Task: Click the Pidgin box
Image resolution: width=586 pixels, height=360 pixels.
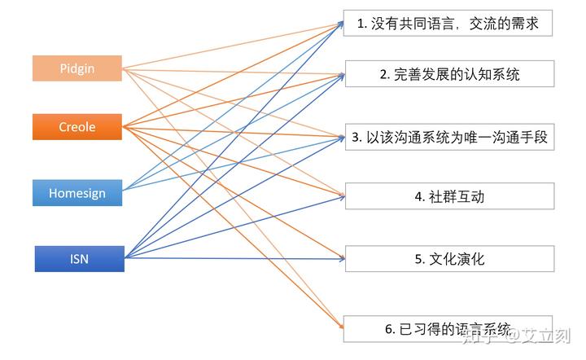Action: (77, 68)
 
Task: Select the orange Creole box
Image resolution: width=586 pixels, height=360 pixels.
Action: (77, 127)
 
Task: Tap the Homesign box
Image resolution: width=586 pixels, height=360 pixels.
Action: (77, 193)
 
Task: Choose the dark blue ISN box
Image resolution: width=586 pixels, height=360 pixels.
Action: (80, 259)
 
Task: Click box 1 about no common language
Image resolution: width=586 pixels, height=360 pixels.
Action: (448, 24)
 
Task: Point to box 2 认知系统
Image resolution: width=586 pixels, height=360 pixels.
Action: (449, 73)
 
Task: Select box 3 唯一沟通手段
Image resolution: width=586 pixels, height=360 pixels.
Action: (449, 137)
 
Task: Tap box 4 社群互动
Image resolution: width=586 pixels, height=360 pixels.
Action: (449, 196)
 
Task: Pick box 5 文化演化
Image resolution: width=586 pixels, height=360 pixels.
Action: (449, 259)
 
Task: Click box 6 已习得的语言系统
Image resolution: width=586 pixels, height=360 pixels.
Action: (448, 329)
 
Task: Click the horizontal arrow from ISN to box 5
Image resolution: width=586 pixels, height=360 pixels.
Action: (234, 258)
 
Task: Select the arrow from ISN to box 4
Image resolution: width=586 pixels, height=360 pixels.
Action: (234, 227)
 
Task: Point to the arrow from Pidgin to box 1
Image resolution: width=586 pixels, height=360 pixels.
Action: (233, 46)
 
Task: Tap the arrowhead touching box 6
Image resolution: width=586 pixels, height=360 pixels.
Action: (341, 327)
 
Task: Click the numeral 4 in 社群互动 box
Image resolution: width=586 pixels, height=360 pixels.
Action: (418, 196)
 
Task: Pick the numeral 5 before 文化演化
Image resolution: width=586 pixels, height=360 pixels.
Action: (418, 260)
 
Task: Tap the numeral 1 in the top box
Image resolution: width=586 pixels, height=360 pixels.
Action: (360, 24)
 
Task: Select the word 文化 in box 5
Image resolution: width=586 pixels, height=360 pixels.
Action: (443, 259)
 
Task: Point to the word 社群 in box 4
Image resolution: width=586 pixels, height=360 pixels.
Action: (443, 196)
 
